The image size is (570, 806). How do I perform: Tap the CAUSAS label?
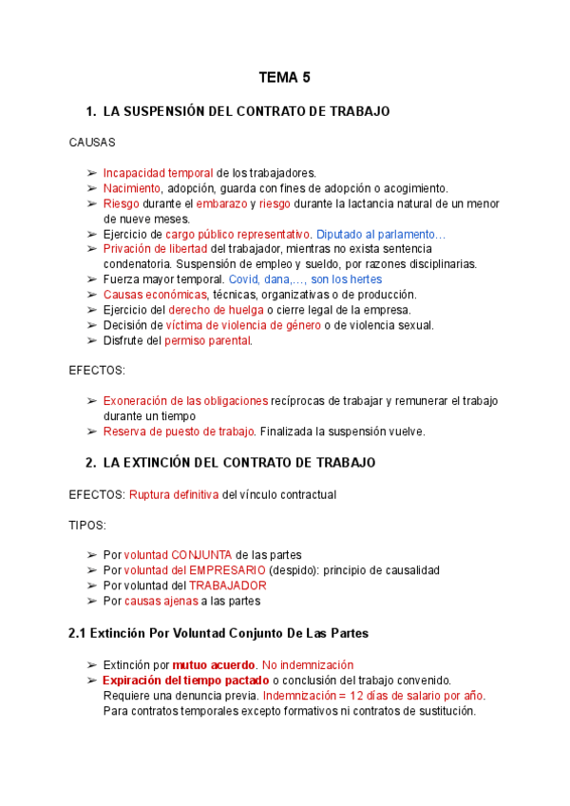[x=92, y=143]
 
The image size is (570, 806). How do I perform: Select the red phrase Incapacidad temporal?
[x=158, y=173]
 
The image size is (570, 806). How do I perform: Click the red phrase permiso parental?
[x=208, y=340]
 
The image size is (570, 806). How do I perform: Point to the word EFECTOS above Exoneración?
[x=97, y=371]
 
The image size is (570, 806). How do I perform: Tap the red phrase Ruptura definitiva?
[x=174, y=494]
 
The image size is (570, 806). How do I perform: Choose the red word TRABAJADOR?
[x=227, y=585]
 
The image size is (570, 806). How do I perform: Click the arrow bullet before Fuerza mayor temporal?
[x=91, y=279]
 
